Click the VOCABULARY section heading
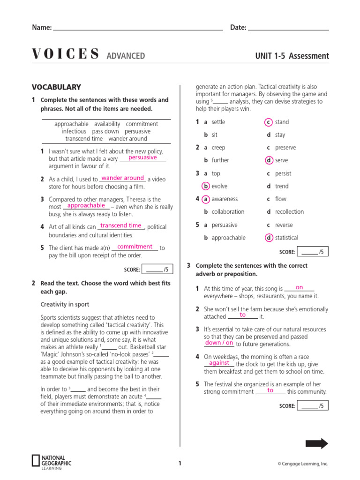56,87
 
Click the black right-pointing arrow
317,443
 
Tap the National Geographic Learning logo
52,461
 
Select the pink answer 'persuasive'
142,157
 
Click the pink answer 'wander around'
123,178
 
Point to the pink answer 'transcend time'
120,226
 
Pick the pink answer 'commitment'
135,247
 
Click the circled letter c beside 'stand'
269,122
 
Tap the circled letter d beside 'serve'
269,160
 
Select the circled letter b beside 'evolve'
206,186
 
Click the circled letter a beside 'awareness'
206,199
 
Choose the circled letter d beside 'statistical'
269,238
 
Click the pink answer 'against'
219,363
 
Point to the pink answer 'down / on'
219,343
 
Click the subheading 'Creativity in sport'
65,304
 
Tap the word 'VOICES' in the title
65,55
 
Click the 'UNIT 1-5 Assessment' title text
292,56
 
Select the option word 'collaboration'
228,212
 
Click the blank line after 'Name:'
138,28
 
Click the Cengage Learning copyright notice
303,464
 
